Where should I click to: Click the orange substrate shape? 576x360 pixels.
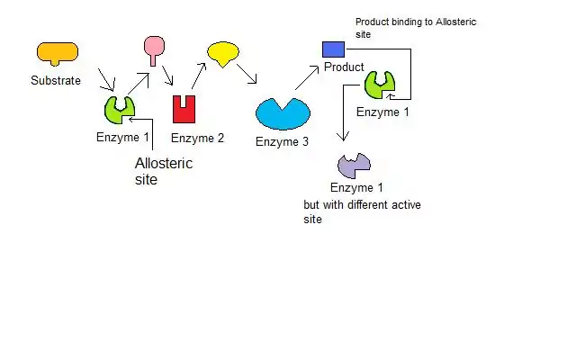coord(57,52)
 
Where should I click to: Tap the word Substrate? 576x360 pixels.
coord(56,80)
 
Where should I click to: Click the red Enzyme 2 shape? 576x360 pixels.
coord(184,109)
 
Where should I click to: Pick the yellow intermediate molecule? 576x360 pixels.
coord(223,53)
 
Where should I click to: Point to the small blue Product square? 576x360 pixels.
coord(333,49)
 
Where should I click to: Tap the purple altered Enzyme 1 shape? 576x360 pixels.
coord(354,165)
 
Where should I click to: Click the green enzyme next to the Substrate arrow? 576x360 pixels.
coord(120,109)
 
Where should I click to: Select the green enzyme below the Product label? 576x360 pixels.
coord(379,85)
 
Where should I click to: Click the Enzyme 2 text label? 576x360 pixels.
coord(197,138)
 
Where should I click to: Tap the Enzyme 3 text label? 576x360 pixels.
coord(282,141)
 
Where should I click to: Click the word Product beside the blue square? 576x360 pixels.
coord(344,67)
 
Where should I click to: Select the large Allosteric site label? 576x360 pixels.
coord(163,171)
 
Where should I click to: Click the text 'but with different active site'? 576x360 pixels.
coord(362,211)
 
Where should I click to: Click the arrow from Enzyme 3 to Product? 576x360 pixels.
coord(308,77)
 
